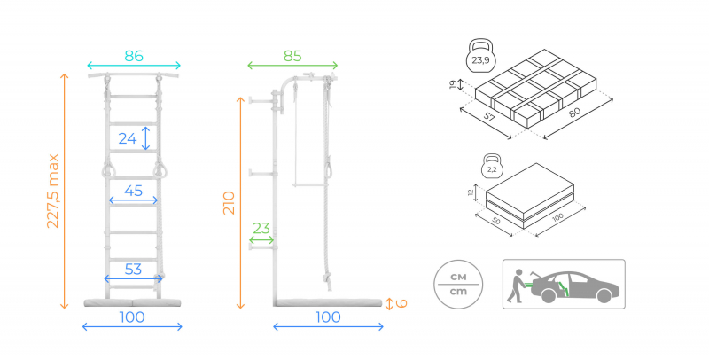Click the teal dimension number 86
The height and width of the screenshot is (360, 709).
point(134,56)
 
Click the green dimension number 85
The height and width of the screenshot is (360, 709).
point(292,56)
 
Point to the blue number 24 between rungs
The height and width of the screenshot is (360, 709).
point(128,138)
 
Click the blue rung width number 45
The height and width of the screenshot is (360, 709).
point(134,190)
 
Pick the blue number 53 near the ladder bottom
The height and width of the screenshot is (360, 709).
point(134,269)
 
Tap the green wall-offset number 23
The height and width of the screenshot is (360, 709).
point(261,228)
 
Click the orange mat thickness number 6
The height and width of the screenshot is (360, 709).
point(401,303)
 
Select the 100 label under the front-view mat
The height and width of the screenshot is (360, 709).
point(132,317)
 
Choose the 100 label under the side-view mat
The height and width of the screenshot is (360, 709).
point(328,317)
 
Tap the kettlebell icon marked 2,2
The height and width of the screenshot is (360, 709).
point(492,168)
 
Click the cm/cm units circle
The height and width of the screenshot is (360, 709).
point(459,283)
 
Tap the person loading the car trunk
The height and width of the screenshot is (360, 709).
point(514,286)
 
